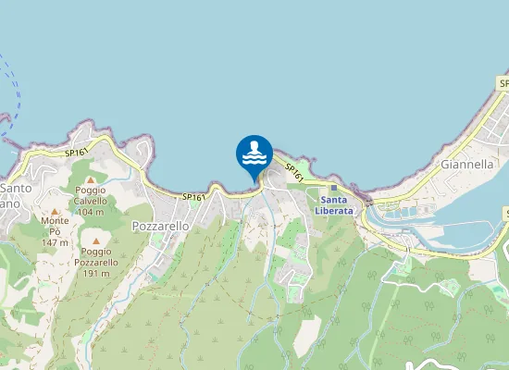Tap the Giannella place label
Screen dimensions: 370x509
[x=467, y=164]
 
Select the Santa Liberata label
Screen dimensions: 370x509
[x=334, y=204]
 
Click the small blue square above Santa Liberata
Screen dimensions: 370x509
[x=334, y=188]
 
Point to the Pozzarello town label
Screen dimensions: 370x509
[x=161, y=226]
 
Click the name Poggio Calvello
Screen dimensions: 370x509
[x=91, y=194]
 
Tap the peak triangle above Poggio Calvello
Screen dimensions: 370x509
[x=91, y=179]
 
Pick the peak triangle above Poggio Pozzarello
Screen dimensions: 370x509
[x=97, y=240]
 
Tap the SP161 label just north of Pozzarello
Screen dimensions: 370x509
[x=192, y=197]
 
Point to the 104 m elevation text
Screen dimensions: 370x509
[x=91, y=213]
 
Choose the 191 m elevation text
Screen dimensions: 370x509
[x=97, y=274]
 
